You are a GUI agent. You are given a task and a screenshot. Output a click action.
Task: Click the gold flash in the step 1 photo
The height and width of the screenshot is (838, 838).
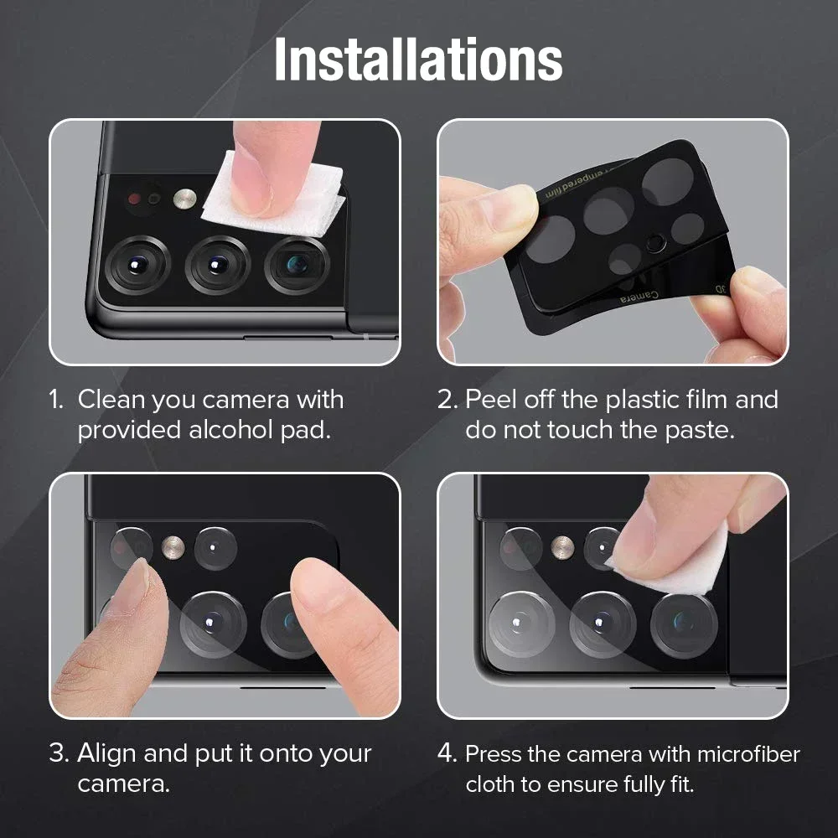185,199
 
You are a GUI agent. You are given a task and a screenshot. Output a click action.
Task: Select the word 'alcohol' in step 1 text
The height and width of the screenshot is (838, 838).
234,430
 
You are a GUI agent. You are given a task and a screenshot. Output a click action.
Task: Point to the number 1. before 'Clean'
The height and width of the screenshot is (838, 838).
57,400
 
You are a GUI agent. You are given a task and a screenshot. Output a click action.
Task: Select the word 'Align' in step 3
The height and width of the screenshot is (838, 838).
107,753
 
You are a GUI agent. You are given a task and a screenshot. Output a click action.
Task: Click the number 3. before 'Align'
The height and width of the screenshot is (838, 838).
59,753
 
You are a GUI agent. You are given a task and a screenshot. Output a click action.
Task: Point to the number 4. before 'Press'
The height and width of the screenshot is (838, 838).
447,754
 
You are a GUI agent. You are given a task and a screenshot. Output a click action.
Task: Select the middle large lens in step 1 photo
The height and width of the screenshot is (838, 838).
218,265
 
